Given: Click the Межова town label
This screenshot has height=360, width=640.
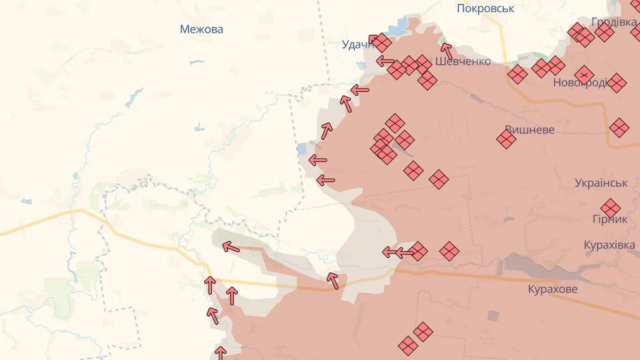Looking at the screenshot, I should [x=202, y=29].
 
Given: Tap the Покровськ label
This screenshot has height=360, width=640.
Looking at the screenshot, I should [x=485, y=9].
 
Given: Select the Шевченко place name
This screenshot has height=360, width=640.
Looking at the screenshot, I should [x=463, y=61].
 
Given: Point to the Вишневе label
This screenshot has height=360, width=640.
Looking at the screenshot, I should [x=530, y=130].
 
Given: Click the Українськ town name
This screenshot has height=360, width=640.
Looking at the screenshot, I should [x=601, y=182].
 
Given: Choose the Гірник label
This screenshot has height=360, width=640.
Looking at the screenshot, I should [x=610, y=219].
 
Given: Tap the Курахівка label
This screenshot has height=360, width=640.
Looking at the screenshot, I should [x=610, y=245].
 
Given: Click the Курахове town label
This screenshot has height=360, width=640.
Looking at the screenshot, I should [x=553, y=289].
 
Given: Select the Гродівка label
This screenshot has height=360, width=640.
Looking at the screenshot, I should [x=614, y=22].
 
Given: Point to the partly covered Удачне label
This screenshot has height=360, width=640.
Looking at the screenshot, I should [x=357, y=45].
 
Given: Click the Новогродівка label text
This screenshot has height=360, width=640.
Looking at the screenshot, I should [x=580, y=83].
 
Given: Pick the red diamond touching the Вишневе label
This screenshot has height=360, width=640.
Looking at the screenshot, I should [x=506, y=140].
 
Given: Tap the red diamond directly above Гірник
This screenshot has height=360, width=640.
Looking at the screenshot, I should [x=610, y=208].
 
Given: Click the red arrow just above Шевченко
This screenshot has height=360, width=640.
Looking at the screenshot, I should [x=446, y=51].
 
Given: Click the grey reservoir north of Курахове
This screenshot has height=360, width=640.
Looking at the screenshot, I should [x=533, y=265].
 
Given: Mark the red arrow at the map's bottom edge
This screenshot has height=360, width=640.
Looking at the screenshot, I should [x=220, y=353].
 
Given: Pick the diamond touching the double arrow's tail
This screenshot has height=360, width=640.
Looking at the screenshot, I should [x=419, y=251].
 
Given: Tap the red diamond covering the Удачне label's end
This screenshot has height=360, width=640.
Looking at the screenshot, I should [x=381, y=43].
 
